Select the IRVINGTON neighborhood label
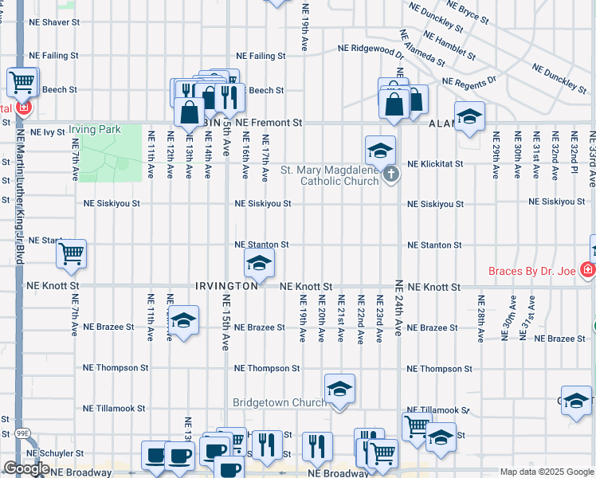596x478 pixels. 226,284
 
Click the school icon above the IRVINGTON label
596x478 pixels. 259,262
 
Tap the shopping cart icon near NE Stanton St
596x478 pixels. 72,254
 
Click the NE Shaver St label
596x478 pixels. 54,22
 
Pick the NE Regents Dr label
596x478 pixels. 469,82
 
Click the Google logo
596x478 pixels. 25,468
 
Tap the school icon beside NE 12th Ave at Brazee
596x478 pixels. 184,320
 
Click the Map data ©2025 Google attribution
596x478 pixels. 546,472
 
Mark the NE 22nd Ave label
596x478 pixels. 360,319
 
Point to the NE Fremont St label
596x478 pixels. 269,123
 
